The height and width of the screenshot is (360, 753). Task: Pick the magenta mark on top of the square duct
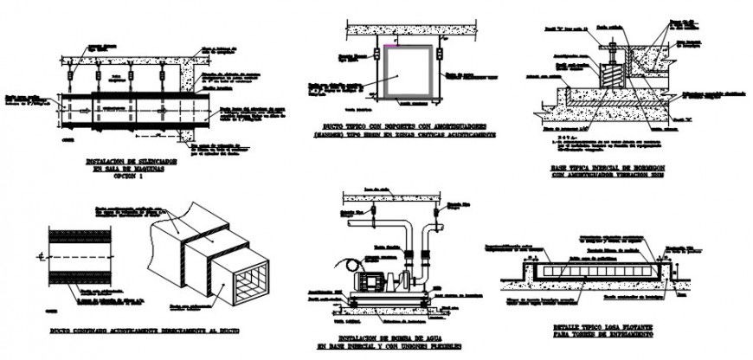396,42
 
